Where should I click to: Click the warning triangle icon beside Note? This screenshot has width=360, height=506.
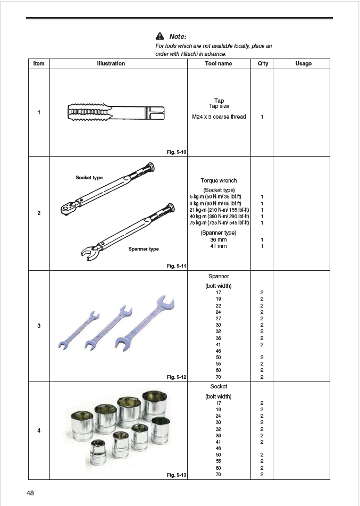click(160, 37)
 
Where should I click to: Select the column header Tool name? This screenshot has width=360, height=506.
click(219, 63)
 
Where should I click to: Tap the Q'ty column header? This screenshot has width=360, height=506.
click(262, 63)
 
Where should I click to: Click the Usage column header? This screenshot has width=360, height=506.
click(303, 63)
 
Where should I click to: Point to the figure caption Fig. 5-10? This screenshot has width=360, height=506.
click(177, 152)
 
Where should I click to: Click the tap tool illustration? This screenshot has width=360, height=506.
click(116, 113)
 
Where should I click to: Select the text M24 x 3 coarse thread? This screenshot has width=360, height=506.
click(219, 117)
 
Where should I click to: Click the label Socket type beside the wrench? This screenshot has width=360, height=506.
click(89, 178)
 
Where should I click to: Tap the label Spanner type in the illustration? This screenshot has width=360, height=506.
click(143, 248)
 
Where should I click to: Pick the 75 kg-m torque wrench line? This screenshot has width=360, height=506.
click(219, 223)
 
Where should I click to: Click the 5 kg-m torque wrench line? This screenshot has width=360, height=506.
click(219, 196)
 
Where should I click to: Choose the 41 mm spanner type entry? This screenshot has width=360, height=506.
click(219, 246)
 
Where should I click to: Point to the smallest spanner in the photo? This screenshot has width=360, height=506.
click(79, 330)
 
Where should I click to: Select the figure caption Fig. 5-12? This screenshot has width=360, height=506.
click(177, 377)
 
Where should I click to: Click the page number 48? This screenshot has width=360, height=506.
click(30, 493)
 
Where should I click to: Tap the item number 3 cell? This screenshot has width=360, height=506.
click(39, 326)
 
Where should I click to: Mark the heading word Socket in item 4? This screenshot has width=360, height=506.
click(219, 386)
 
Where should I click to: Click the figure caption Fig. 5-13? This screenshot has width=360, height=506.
click(177, 475)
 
